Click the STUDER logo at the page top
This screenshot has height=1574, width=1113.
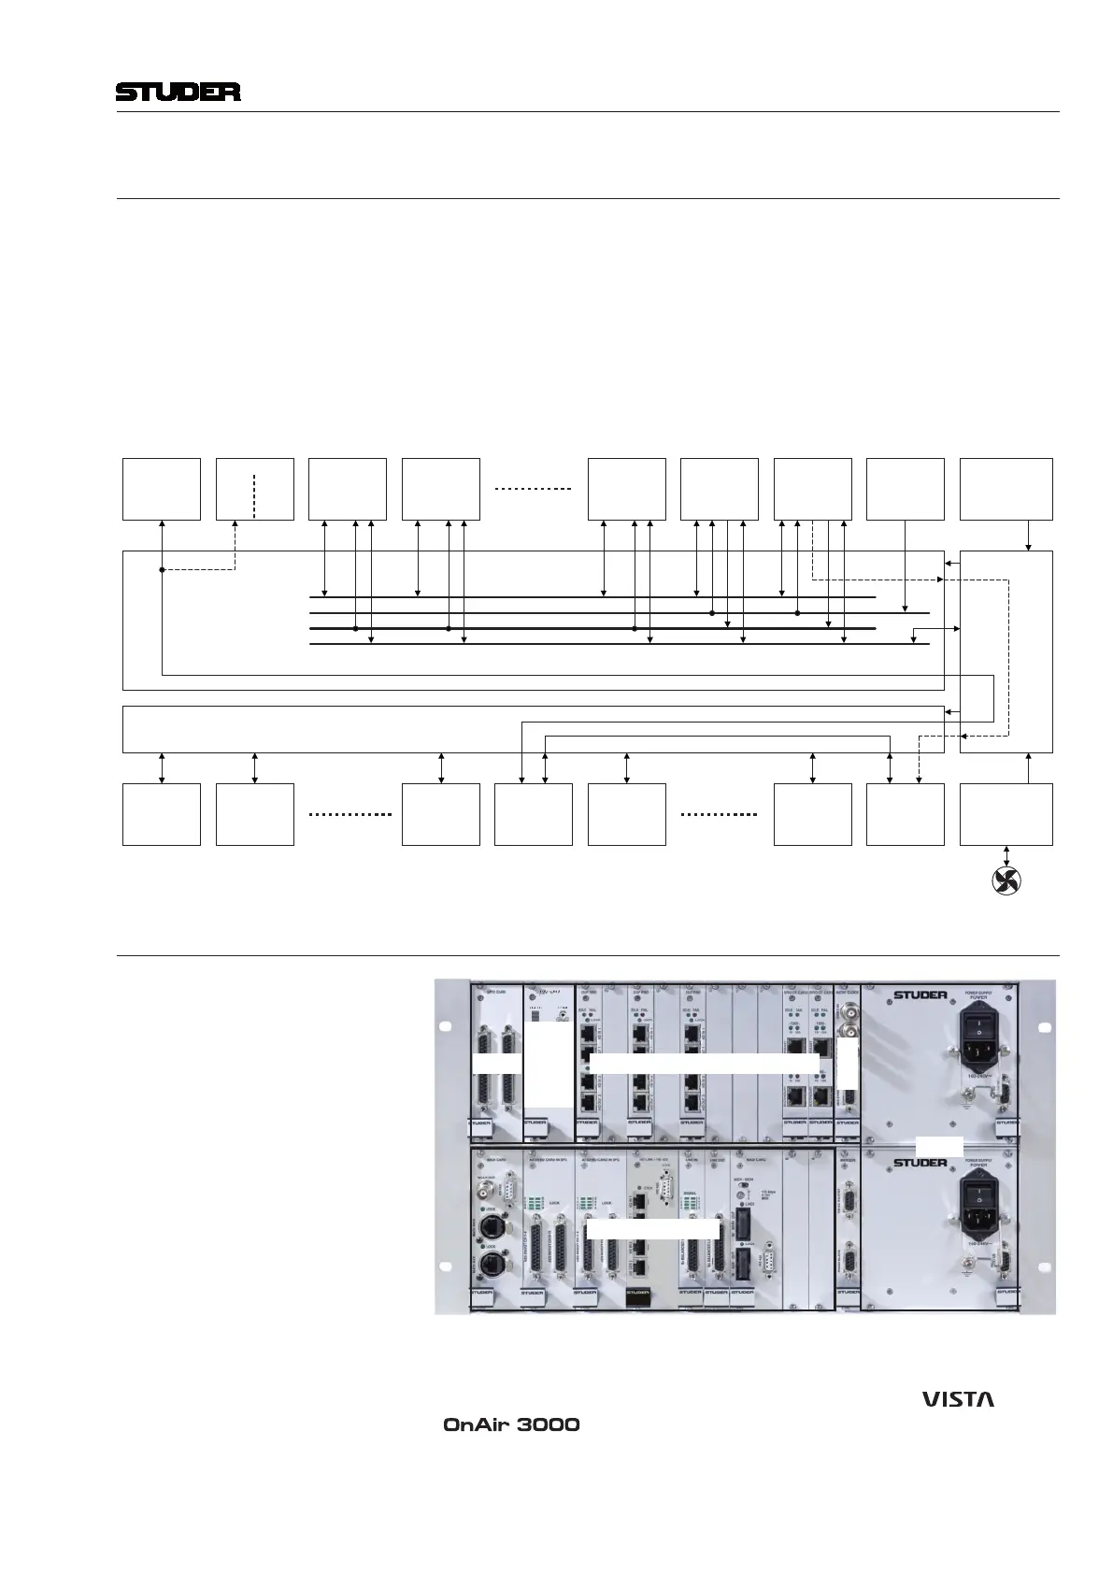click(x=178, y=93)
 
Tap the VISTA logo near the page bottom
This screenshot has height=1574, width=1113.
click(x=958, y=1399)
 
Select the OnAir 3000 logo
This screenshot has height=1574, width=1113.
click(x=510, y=1425)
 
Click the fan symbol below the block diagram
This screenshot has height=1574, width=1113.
click(x=1006, y=880)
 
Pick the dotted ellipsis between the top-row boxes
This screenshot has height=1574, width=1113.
click(x=533, y=489)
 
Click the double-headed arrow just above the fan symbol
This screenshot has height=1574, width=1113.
click(x=1006, y=855)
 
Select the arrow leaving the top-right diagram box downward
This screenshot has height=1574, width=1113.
click(x=1029, y=535)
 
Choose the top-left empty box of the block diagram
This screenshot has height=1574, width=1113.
click(x=162, y=489)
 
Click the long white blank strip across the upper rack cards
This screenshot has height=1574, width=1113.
click(x=705, y=1063)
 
